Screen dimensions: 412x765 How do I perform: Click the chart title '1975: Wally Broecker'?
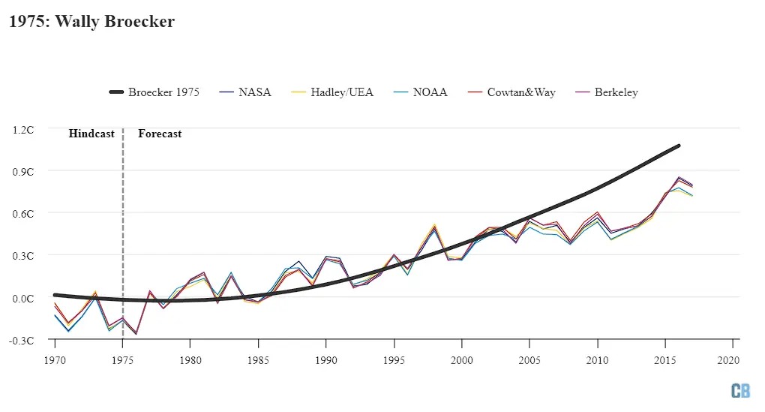click(x=91, y=21)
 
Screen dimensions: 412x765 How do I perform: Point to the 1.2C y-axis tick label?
click(x=24, y=129)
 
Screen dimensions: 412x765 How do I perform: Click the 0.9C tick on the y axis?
click(x=24, y=171)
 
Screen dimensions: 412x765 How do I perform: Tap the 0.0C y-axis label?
click(x=24, y=298)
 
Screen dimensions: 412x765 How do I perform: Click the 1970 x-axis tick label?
click(x=55, y=360)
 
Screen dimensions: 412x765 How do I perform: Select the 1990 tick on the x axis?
click(x=325, y=360)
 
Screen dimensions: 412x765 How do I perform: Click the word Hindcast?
click(x=91, y=134)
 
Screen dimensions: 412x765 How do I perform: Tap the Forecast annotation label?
click(x=160, y=134)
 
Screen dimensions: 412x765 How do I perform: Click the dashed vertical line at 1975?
click(x=123, y=225)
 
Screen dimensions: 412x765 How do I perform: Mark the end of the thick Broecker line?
click(x=679, y=146)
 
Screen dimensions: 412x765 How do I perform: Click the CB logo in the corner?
click(x=740, y=390)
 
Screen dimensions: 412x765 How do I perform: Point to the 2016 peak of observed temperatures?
click(x=679, y=179)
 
